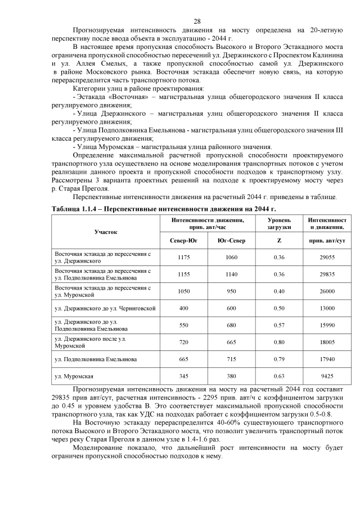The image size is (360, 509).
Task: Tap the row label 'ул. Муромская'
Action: tap(74, 375)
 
